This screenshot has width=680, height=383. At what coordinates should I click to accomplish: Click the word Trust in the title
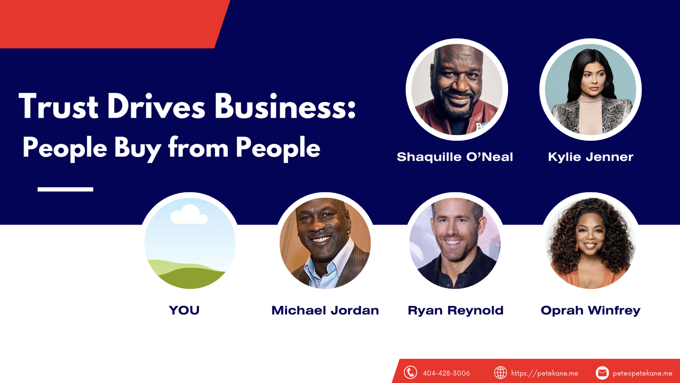58,106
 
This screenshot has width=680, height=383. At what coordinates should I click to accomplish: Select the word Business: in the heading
285,106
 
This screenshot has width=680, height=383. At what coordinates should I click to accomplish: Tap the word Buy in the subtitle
137,149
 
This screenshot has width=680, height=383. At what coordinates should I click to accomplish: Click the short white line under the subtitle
65,190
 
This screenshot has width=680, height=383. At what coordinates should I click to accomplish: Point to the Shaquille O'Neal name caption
455,157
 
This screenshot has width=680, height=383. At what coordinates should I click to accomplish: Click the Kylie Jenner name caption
590,157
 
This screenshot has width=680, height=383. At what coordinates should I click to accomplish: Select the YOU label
184,310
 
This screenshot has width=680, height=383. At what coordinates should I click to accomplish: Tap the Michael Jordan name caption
325,310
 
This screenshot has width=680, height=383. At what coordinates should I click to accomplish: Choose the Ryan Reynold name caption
455,310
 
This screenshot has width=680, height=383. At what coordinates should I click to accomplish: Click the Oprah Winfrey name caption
590,310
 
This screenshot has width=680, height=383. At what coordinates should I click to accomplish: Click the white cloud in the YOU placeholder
189,214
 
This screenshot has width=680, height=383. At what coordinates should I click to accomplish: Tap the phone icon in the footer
410,372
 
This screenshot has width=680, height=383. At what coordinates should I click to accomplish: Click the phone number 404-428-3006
446,373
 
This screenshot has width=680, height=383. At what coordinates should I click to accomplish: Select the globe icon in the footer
500,372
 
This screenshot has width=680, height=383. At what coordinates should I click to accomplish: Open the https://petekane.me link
544,373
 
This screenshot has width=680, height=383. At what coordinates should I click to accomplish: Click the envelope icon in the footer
602,373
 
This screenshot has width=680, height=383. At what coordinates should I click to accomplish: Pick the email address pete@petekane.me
642,373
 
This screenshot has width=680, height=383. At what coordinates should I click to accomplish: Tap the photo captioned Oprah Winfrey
590,243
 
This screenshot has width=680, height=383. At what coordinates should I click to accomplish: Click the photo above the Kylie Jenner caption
590,90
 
